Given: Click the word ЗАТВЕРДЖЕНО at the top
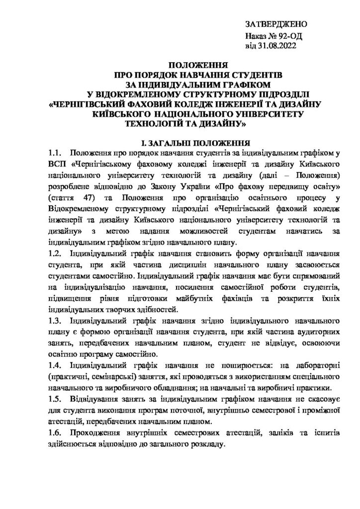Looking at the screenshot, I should [276, 24].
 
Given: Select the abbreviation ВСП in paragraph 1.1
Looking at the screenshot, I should [57, 164].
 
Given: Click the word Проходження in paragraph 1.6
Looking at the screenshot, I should [97, 433].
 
